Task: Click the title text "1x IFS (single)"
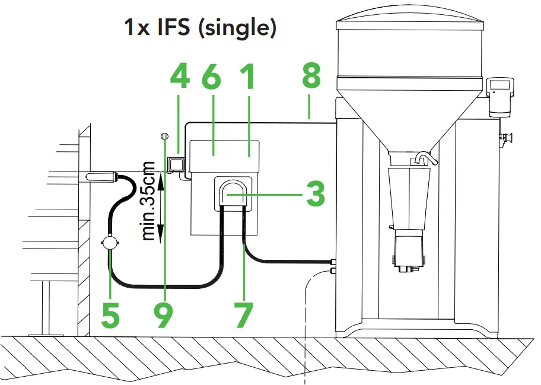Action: [x=200, y=27]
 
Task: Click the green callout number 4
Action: [x=180, y=77]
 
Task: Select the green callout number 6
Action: [x=211, y=77]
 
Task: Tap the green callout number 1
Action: [x=248, y=77]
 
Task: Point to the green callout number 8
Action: [x=310, y=77]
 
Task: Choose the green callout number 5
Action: [x=110, y=316]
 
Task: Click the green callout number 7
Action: [x=244, y=316]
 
